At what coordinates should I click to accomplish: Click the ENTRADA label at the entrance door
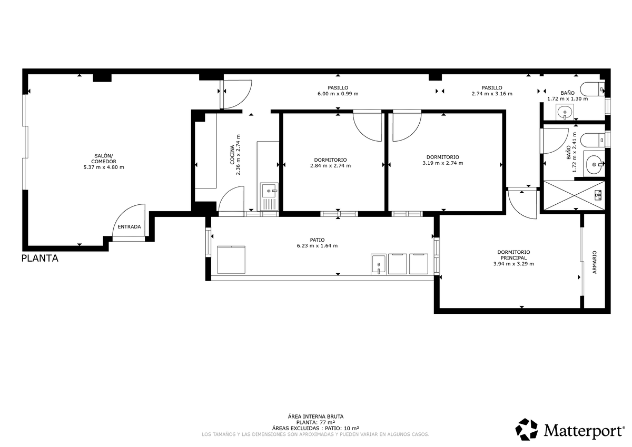point(129,227)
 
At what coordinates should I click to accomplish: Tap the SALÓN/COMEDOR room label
point(104,158)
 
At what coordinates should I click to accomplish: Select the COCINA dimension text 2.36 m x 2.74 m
point(238,155)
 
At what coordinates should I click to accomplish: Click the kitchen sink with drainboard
point(269,196)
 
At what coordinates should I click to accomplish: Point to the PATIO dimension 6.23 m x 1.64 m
point(317,246)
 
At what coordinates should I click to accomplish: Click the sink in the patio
point(378,264)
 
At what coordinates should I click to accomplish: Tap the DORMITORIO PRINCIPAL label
point(513,255)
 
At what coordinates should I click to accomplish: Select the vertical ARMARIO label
point(595,262)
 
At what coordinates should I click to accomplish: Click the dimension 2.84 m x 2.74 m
point(330,166)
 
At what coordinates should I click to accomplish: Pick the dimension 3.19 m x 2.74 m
point(443,163)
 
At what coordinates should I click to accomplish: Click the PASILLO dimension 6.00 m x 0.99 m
point(338,94)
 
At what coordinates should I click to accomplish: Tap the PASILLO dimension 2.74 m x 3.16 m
point(492,94)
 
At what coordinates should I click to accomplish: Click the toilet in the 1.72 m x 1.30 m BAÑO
point(592,89)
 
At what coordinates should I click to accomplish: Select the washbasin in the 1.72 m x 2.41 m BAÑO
point(594,164)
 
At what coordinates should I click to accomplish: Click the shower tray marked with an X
point(574,195)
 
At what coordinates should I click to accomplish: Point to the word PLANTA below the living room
point(40,259)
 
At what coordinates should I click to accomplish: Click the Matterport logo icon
point(527,430)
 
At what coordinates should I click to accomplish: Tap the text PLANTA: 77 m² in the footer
point(315,422)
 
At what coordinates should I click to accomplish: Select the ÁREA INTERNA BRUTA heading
point(315,416)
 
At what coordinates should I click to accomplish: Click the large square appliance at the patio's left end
point(231,260)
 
